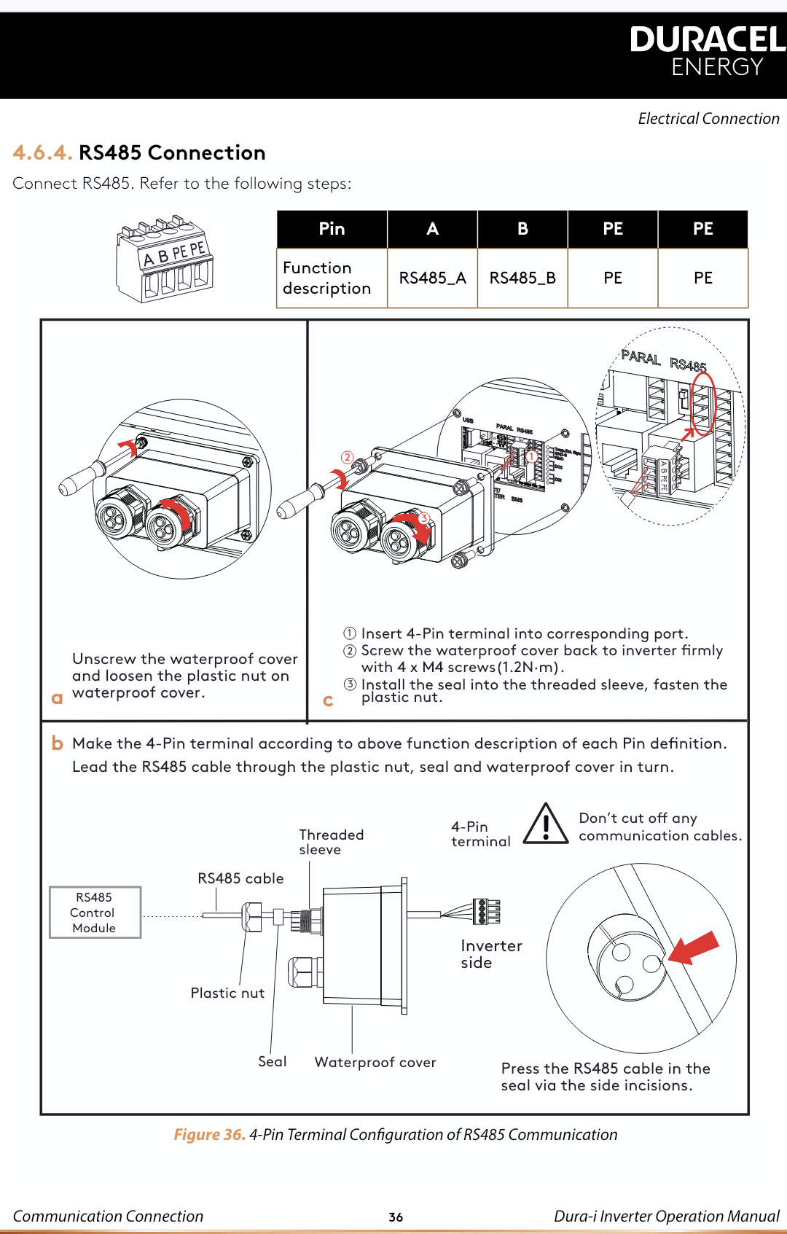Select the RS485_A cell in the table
point(432,278)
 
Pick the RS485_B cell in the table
point(522,278)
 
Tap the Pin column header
point(332,229)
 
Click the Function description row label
point(327,278)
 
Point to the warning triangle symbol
point(545,824)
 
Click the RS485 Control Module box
point(95,912)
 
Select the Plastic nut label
point(227,993)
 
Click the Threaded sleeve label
point(331,842)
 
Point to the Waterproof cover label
point(375,1062)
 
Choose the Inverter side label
point(491,953)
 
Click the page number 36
point(396,1217)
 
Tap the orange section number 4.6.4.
point(42,153)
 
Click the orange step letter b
point(58,743)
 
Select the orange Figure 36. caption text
point(209,1134)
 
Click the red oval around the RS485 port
point(703,405)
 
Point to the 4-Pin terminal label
point(480,834)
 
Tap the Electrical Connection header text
point(708,119)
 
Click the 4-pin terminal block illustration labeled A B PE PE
point(164,259)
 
